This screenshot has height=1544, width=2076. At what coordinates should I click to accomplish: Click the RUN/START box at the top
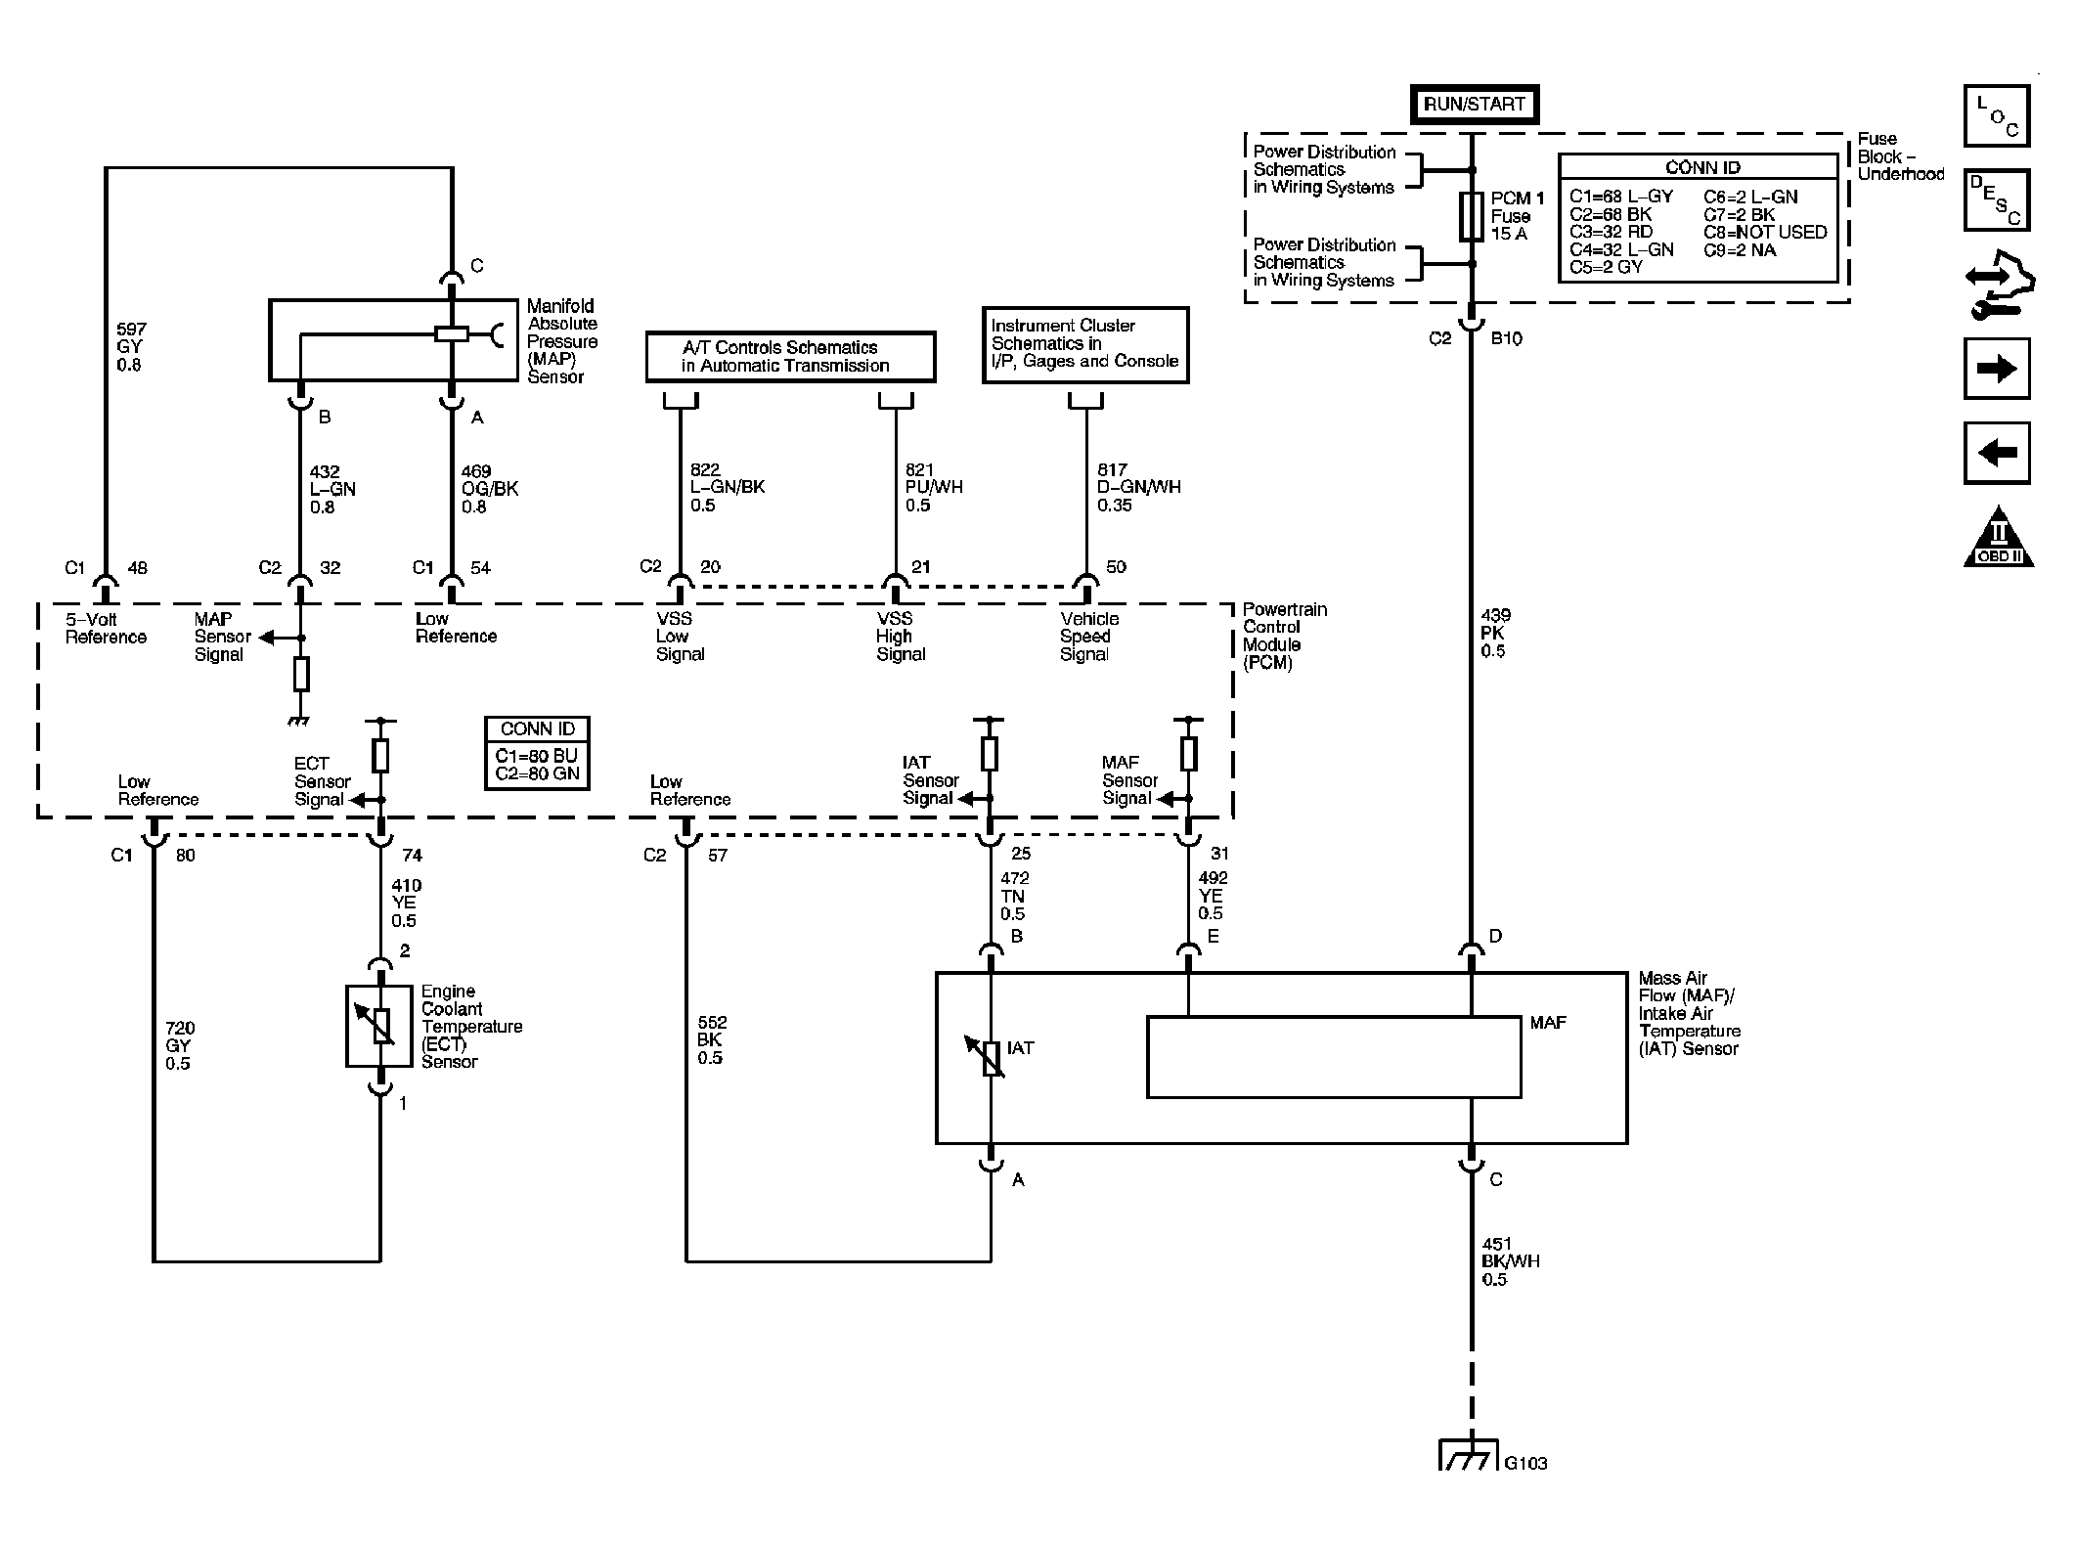pos(1474,105)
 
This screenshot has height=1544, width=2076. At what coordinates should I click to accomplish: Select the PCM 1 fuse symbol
pos(1471,216)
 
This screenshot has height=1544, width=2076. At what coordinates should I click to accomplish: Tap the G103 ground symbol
pos(1468,1454)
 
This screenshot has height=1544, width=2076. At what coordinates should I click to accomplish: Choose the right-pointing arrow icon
pos(1997,369)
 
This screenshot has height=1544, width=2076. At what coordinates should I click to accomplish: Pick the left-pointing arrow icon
pos(1997,453)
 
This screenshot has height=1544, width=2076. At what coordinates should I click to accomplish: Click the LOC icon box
pos(1997,116)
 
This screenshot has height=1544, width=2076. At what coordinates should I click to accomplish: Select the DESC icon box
pos(1997,200)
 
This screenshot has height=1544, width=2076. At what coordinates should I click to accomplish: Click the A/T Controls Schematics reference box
pos(790,356)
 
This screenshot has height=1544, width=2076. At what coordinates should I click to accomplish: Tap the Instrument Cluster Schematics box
pos(1085,344)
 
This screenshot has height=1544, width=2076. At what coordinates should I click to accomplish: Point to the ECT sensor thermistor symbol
pos(380,1026)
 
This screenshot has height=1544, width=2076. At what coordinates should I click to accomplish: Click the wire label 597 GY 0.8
pos(129,347)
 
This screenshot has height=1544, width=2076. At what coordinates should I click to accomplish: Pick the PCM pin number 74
pos(412,856)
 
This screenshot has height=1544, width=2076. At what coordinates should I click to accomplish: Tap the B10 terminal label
pos(1506,338)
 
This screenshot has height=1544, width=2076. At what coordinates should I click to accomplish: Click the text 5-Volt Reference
pos(106,628)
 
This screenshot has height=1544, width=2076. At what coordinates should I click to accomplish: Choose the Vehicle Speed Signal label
pos(1089,637)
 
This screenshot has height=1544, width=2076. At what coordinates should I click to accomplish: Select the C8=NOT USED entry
pos(1765,232)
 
